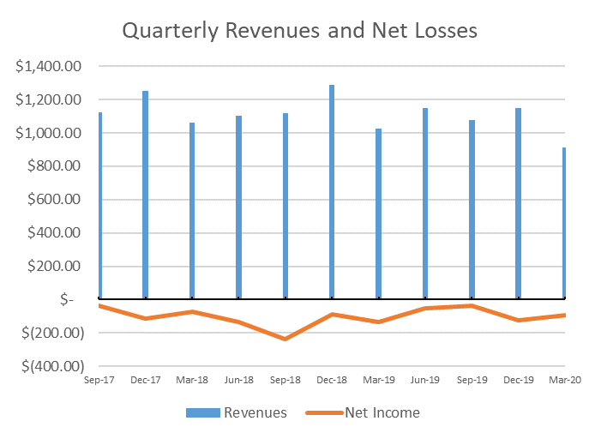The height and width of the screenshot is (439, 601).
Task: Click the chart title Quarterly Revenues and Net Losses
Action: (x=299, y=31)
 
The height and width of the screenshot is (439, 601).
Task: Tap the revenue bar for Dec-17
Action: (x=146, y=195)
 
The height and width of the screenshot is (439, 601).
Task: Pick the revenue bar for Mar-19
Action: (x=378, y=213)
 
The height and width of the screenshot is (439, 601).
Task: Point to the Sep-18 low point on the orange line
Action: (x=285, y=339)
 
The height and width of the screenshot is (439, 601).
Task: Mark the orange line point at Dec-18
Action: (x=332, y=314)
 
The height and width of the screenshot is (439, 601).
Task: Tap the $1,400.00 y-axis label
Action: (x=49, y=66)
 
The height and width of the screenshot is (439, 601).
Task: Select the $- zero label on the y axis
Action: (x=67, y=299)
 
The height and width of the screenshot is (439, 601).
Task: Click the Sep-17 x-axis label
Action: (x=99, y=380)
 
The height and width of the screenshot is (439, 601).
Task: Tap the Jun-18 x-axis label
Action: (x=238, y=380)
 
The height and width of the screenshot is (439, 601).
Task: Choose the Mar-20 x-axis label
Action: (x=564, y=380)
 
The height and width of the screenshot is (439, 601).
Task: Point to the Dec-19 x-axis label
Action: (x=518, y=380)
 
